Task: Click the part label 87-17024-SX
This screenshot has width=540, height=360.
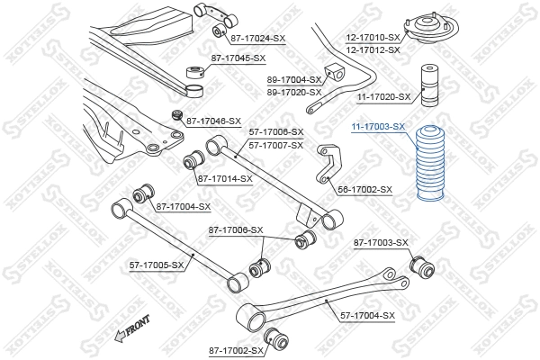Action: pos(257,39)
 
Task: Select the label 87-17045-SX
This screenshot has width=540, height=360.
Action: pos(238,58)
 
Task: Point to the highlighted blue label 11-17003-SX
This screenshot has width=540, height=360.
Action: pos(378,129)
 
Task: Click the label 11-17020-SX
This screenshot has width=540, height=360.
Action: pos(382,96)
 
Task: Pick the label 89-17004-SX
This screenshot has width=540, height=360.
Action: pos(294,80)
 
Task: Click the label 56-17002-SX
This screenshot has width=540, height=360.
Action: pos(365,190)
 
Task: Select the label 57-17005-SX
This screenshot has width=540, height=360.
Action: pos(156,265)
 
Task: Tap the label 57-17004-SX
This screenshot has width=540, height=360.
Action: pos(368,315)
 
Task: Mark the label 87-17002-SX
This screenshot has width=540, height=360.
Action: pos(235,349)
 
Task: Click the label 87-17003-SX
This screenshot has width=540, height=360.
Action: pos(380,243)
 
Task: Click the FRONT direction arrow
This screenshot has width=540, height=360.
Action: pos(130,328)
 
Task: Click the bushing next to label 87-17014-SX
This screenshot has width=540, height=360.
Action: pos(192,161)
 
